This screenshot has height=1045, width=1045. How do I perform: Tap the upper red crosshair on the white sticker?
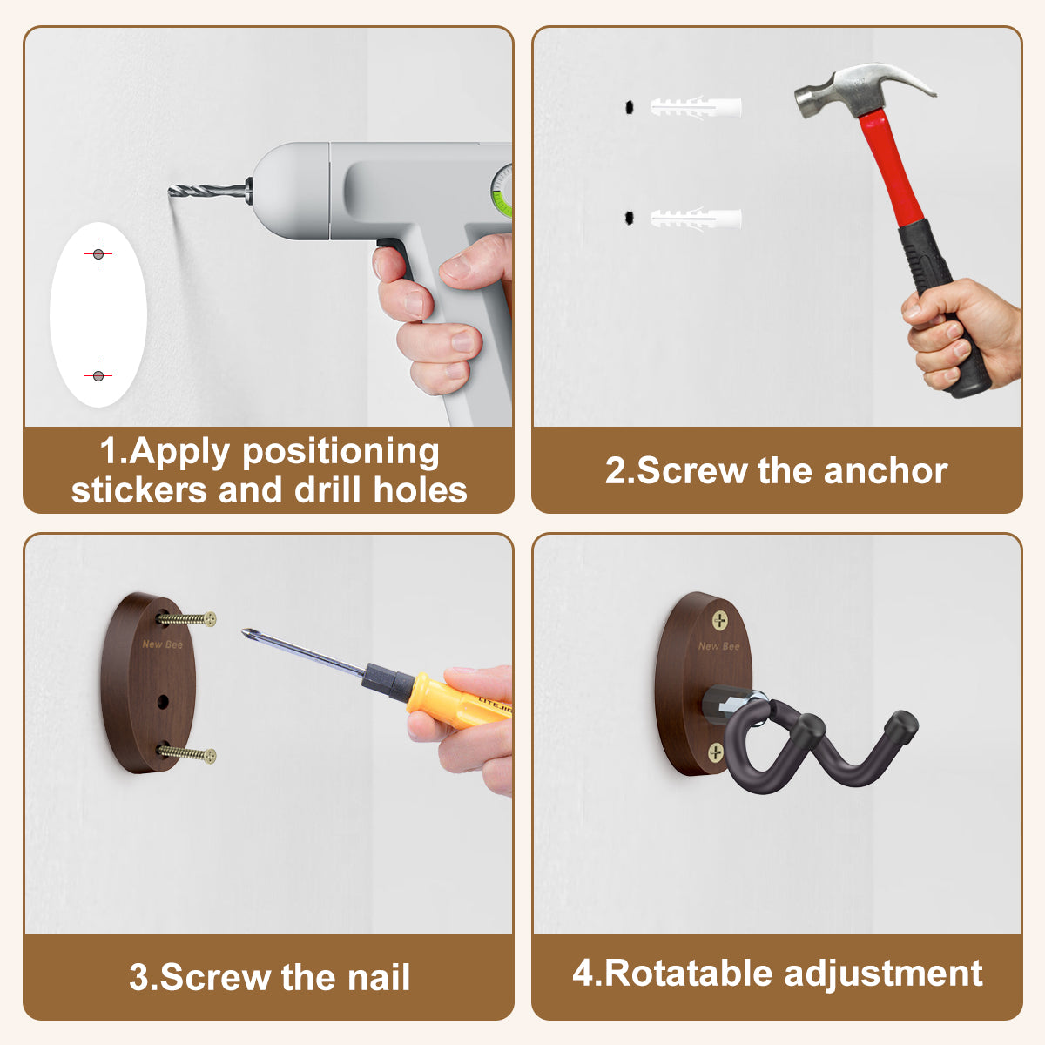[98, 253]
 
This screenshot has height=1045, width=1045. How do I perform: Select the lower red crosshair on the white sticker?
[98, 375]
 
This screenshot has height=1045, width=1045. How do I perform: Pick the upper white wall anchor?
[696, 107]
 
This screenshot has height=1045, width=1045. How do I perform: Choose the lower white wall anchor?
[696, 218]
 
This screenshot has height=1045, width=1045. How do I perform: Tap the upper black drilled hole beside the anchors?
[629, 107]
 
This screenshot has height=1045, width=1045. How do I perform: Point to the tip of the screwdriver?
[245, 631]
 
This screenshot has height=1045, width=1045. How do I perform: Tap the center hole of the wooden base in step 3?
[163, 702]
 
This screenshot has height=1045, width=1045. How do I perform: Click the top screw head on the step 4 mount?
[719, 620]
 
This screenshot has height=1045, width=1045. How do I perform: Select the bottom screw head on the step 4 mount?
[716, 752]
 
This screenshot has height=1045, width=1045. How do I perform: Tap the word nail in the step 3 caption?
[379, 977]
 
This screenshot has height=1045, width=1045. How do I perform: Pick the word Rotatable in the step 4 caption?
[688, 973]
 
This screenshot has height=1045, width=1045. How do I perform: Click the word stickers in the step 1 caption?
[139, 489]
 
